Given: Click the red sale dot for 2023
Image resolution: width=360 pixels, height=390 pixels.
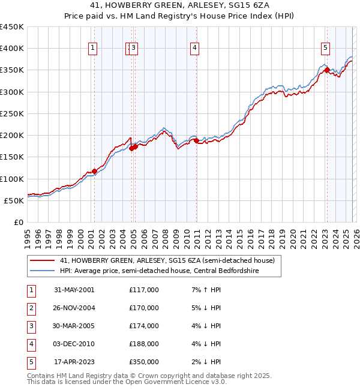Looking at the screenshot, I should [327, 70].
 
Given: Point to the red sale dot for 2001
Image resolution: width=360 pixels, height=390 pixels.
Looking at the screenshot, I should [95, 172].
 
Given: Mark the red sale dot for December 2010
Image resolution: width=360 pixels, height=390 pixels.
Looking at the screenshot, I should [196, 140].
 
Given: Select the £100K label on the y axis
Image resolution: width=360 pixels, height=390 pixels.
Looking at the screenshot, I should [12, 179].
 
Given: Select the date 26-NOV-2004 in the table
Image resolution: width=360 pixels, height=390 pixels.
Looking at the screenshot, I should [74, 308].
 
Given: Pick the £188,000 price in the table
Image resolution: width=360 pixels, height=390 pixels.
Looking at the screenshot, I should [143, 344].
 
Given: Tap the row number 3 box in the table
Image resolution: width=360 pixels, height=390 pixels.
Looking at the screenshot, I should [30, 326].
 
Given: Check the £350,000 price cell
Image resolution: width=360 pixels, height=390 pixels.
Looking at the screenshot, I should [143, 362].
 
